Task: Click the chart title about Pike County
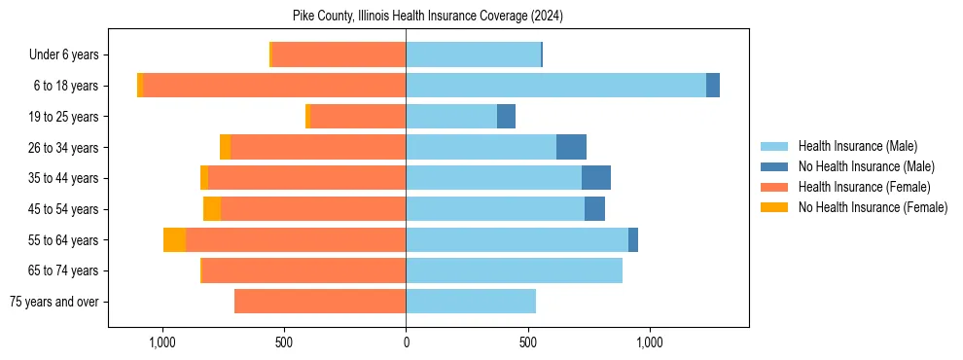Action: tap(428, 16)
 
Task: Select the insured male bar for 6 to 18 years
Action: tap(555, 86)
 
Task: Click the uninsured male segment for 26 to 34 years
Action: tap(571, 147)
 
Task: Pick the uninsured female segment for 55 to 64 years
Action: tap(174, 239)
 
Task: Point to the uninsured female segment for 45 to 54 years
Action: tap(212, 209)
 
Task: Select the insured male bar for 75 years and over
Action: tap(471, 302)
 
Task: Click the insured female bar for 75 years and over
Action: tap(320, 302)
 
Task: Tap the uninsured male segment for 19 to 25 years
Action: tap(506, 117)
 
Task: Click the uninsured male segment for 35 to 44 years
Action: tap(596, 178)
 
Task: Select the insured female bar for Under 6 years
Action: tap(339, 54)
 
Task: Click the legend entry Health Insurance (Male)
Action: tap(857, 146)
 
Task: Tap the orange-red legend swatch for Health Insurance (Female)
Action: tap(774, 187)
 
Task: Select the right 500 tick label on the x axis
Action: tap(527, 342)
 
